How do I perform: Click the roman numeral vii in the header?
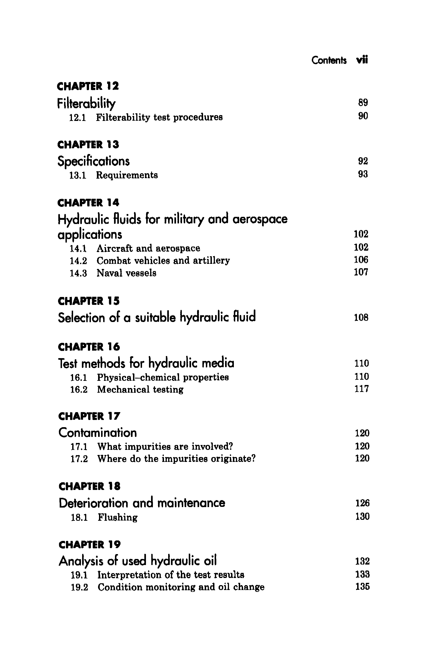(362, 60)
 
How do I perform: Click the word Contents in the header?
(329, 60)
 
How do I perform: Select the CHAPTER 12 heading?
(88, 86)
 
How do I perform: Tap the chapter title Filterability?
(86, 103)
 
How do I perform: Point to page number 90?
(363, 116)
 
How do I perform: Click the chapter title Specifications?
(93, 161)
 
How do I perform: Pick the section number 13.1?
(78, 175)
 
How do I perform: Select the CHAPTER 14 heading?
(88, 203)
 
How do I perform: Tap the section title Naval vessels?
(126, 273)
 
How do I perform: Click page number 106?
(361, 260)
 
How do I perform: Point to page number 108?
(361, 318)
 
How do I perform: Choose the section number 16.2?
(79, 390)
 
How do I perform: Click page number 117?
(362, 389)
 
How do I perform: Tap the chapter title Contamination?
(97, 433)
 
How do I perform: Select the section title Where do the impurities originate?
(176, 459)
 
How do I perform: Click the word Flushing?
(118, 517)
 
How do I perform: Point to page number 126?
(362, 503)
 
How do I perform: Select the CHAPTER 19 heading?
(90, 545)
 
